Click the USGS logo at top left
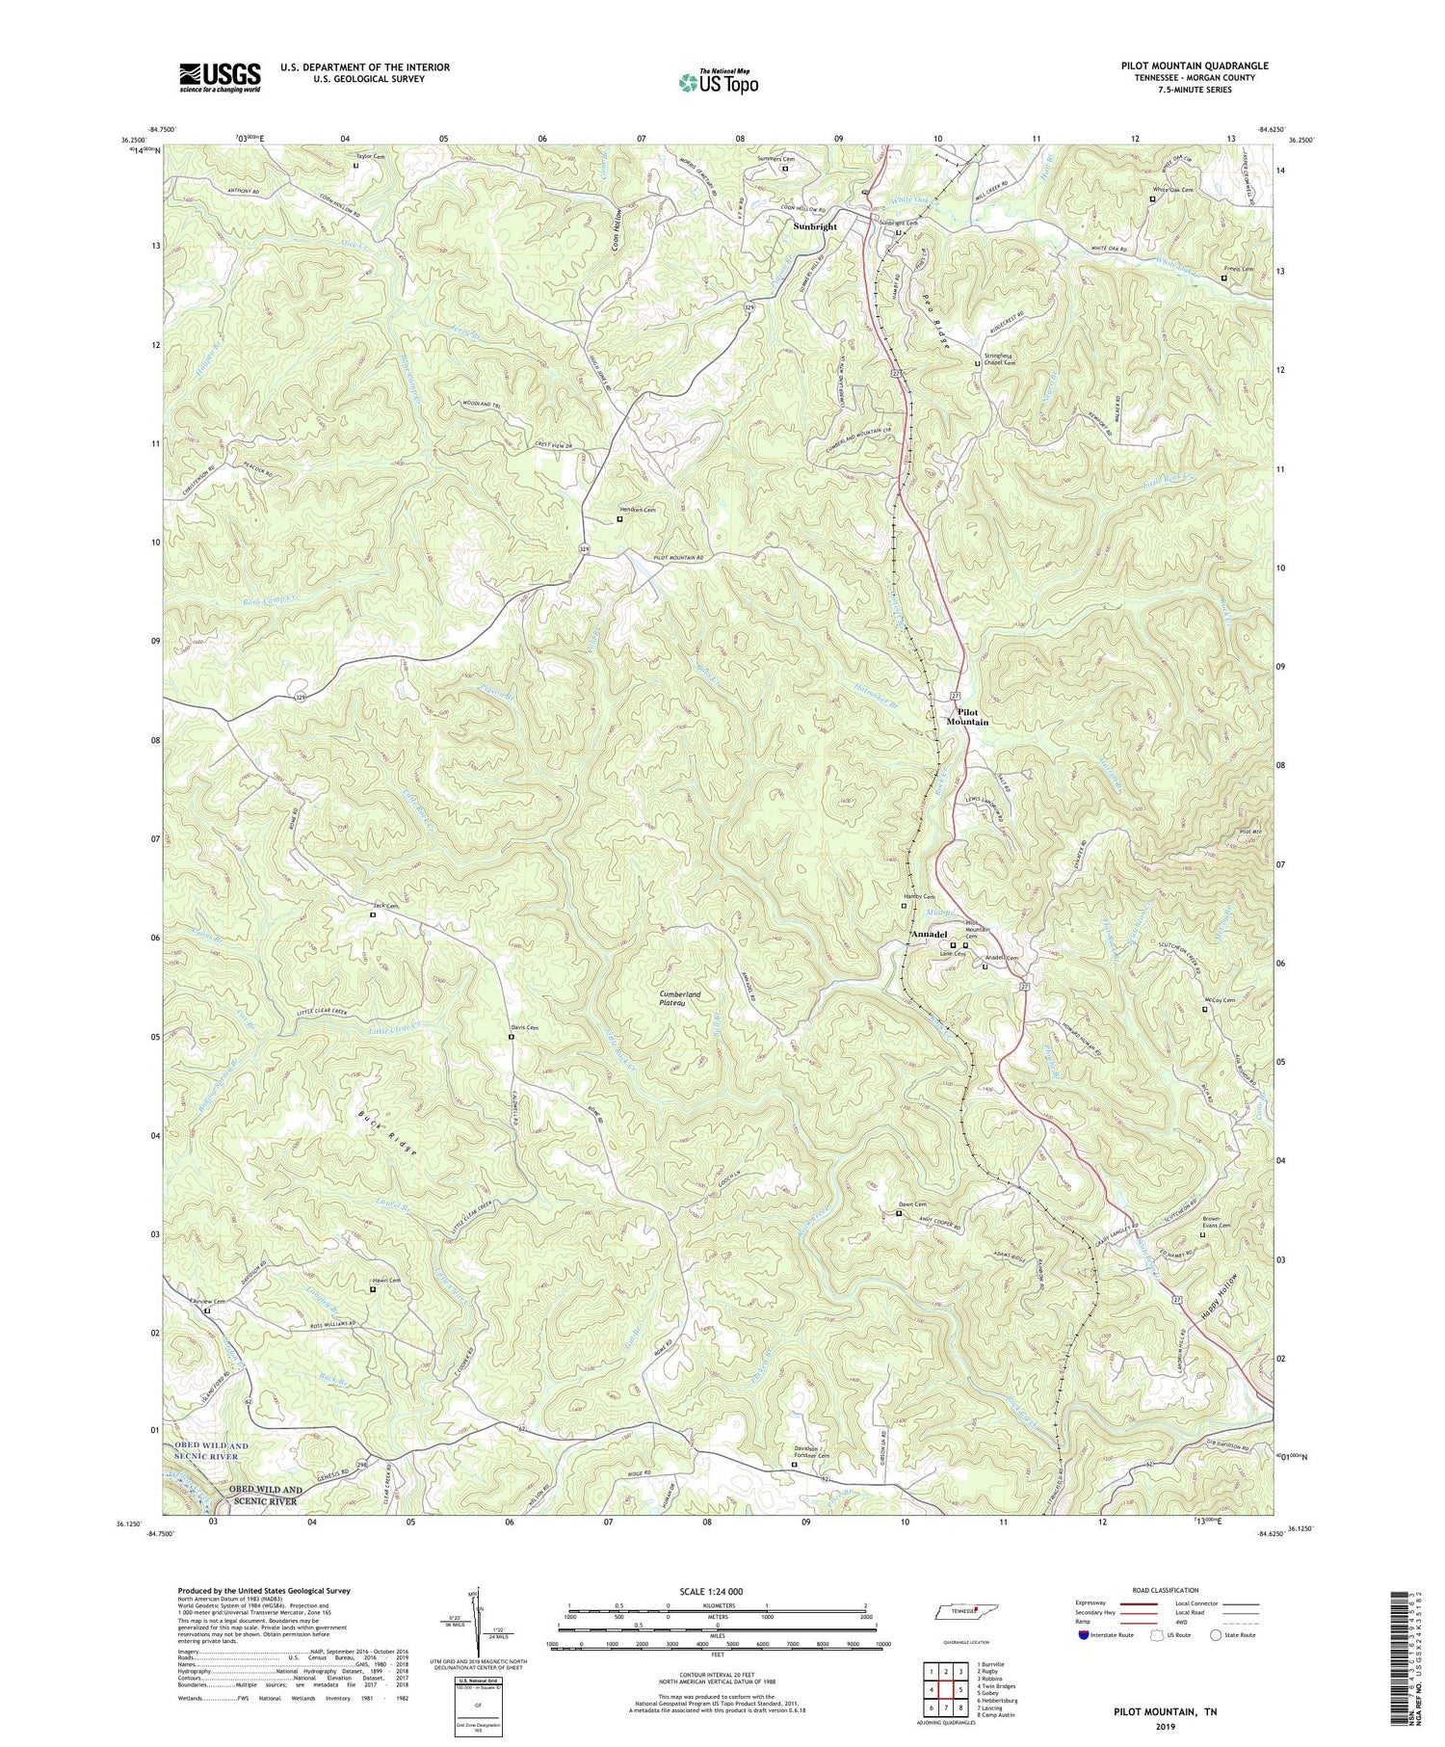[220, 77]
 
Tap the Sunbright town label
[815, 226]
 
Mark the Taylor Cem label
[371, 156]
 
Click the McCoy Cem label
[1218, 1000]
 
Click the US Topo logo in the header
[718, 82]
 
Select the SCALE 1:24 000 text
[717, 1591]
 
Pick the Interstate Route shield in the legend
[1084, 1635]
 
